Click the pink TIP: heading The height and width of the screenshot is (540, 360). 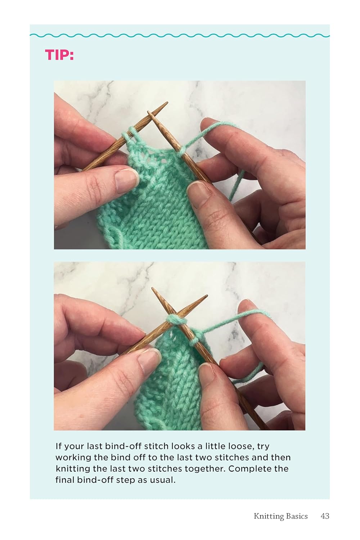(x=59, y=55)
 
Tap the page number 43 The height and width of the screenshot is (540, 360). (x=325, y=516)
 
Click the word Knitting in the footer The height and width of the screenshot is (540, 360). (x=269, y=516)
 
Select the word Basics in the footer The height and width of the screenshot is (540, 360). (x=297, y=516)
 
